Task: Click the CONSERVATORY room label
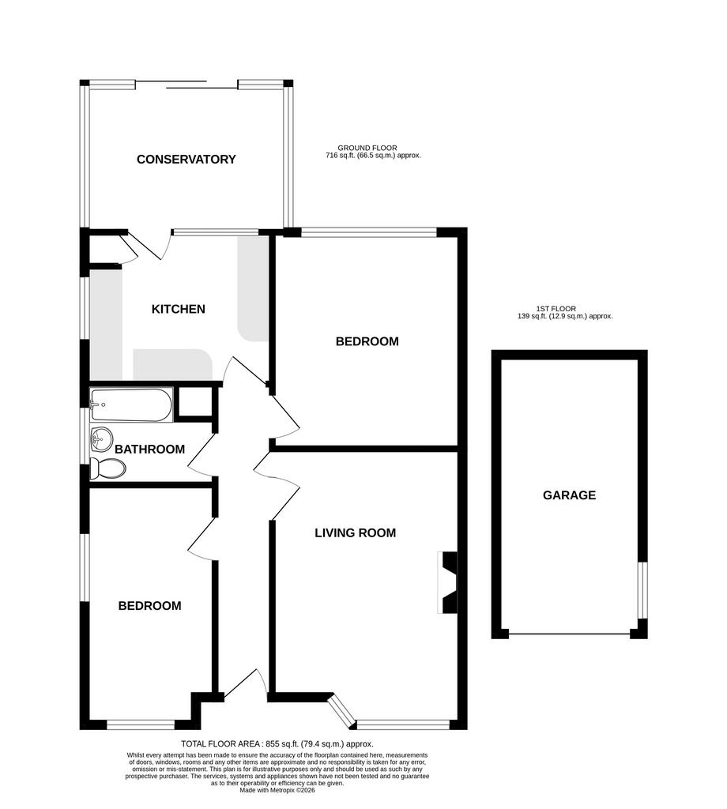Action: click(186, 159)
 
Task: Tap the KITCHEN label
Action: click(179, 309)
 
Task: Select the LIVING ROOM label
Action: click(356, 532)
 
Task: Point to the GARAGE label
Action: click(569, 495)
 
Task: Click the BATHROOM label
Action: click(149, 449)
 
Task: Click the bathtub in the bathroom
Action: click(131, 405)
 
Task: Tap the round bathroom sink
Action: click(102, 439)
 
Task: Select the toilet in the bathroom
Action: click(107, 468)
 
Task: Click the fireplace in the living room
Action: click(447, 582)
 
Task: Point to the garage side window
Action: click(642, 590)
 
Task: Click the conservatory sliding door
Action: click(186, 85)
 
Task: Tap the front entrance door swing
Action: click(245, 685)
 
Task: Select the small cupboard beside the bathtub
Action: click(195, 401)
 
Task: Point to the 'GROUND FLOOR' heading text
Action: click(367, 148)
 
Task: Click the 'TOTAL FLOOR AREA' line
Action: click(277, 744)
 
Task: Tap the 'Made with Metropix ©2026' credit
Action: click(277, 790)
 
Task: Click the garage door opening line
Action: click(569, 634)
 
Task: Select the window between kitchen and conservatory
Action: click(215, 232)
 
